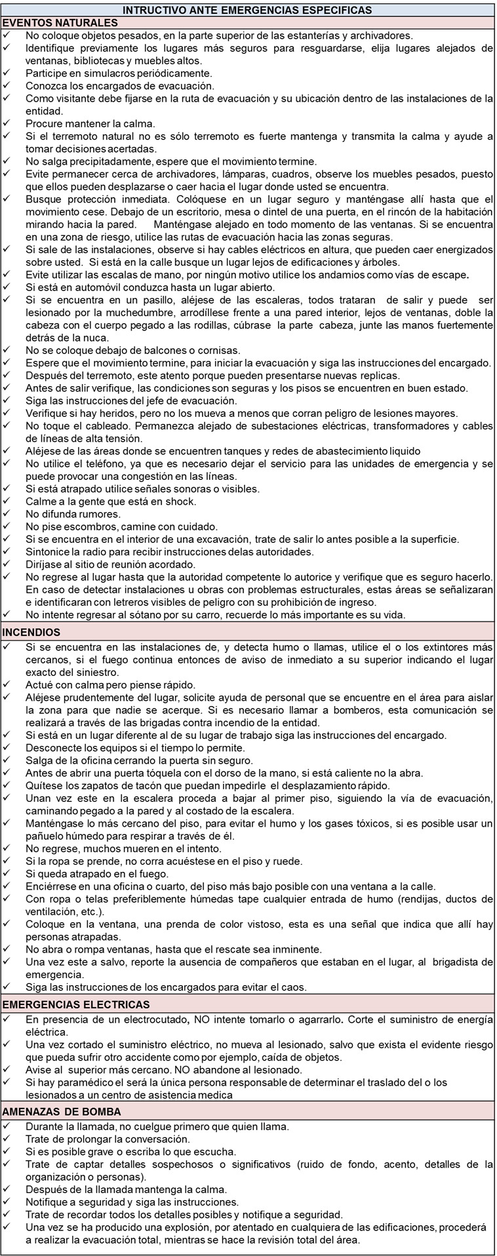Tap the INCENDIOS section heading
coord(32,633)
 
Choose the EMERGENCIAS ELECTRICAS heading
coord(76,1004)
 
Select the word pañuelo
coord(47,836)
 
